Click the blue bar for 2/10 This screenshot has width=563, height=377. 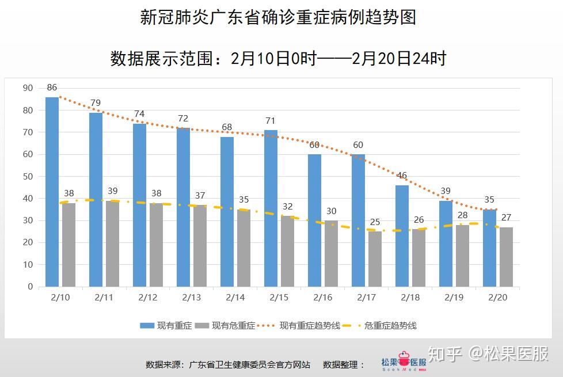coord(52,192)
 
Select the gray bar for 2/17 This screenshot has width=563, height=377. coord(375,259)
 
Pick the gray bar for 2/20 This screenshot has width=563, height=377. coord(506,257)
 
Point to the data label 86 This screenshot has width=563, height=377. coord(52,87)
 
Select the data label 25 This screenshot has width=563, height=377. coord(375,222)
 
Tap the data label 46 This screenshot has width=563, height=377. coord(402,176)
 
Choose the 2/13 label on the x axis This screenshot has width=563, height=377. coord(192,298)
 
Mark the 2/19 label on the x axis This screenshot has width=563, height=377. coord(454,298)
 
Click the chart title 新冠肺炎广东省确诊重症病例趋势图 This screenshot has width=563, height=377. coord(278,17)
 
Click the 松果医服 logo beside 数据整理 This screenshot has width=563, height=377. coord(404,363)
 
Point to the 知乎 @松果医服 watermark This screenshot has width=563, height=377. coord(489,353)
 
